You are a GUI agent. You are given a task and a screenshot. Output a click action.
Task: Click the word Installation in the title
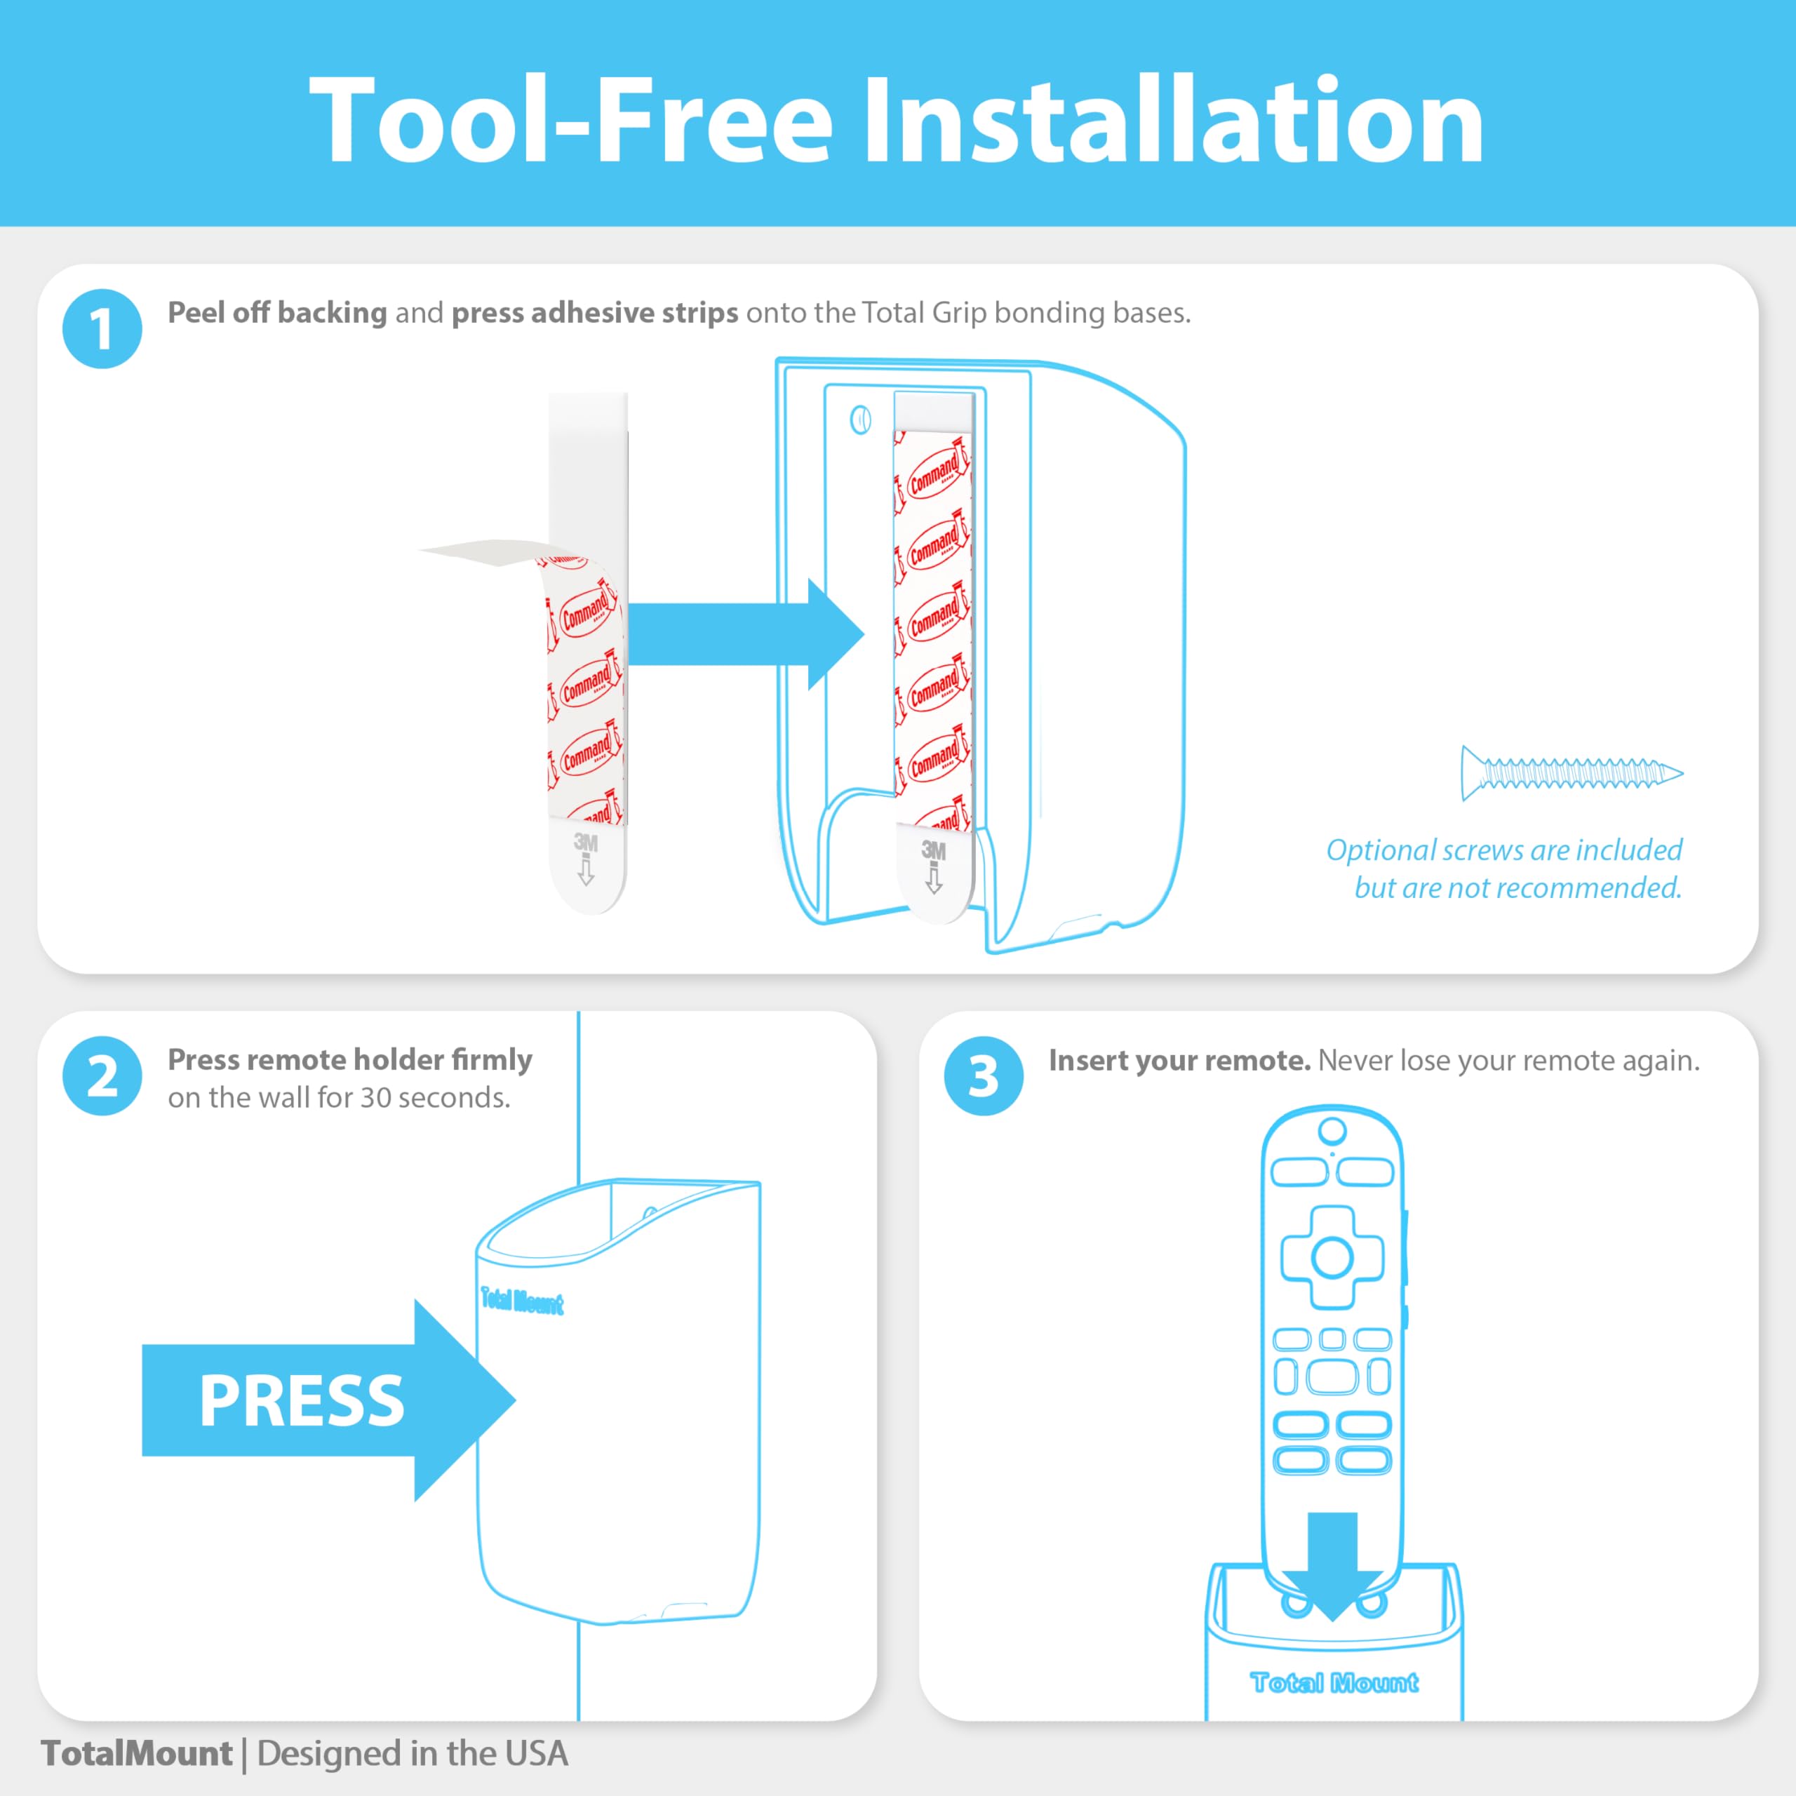point(1173,121)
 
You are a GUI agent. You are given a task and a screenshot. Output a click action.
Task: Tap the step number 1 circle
point(102,329)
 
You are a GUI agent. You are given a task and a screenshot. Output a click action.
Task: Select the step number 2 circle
point(102,1075)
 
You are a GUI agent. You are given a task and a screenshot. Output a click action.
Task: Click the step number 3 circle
point(983,1075)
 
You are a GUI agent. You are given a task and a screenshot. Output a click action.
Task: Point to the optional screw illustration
point(1571,772)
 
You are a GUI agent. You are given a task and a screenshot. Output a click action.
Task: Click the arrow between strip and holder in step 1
point(744,634)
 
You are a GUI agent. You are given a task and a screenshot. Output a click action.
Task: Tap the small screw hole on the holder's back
point(860,421)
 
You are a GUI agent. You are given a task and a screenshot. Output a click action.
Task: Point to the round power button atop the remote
point(1332,1132)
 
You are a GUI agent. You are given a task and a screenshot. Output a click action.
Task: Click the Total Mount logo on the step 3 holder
point(1333,1682)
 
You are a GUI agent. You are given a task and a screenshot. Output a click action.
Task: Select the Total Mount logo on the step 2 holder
point(521,1301)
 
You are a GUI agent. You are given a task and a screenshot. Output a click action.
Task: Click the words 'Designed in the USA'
point(412,1753)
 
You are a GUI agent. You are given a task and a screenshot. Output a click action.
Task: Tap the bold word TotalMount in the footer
point(137,1753)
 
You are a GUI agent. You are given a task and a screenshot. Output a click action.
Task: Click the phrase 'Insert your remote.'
point(1179,1061)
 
